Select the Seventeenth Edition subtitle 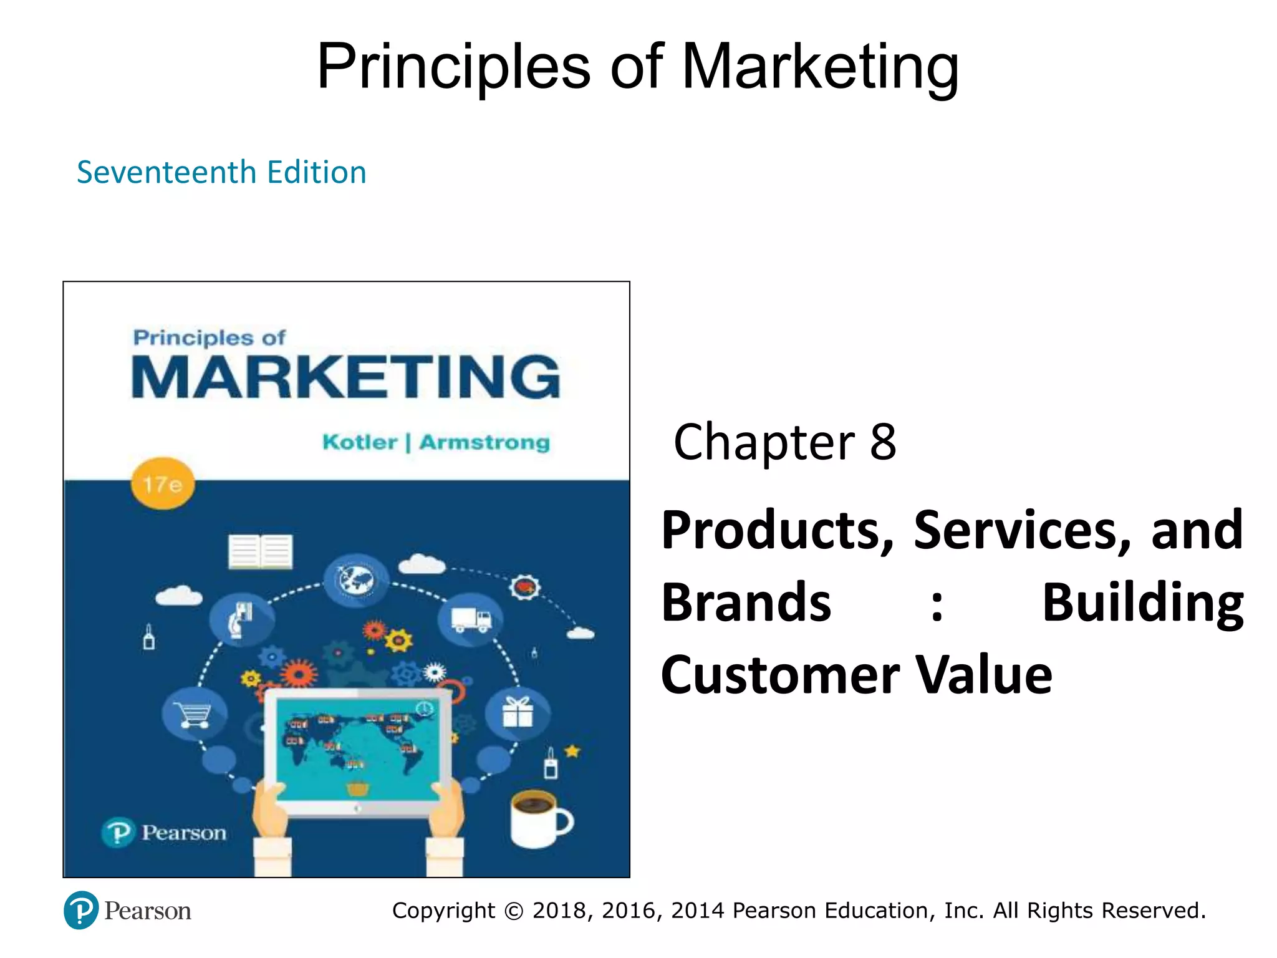tap(221, 172)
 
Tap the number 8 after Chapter tap(883, 442)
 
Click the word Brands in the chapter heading tap(746, 602)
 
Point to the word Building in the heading tap(1142, 602)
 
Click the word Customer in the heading tap(780, 675)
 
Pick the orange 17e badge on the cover tap(163, 485)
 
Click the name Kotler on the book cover tap(360, 442)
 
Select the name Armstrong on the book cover tap(484, 442)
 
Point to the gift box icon tap(518, 712)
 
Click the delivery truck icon tap(471, 620)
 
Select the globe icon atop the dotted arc tap(356, 581)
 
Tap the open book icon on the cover tap(260, 551)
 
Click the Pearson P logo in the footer tap(81, 911)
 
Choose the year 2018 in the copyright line tap(559, 911)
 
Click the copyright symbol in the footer tap(514, 911)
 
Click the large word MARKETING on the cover tap(346, 377)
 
